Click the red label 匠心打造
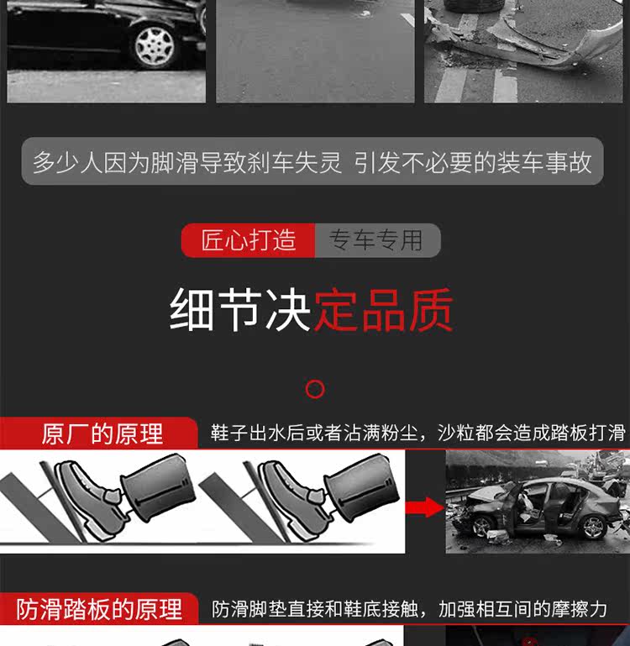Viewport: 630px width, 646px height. click(249, 240)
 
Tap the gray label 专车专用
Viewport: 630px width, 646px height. click(375, 240)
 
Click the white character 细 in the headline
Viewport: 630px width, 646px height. click(192, 310)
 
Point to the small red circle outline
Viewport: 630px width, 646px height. click(315, 389)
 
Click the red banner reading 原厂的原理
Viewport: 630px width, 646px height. click(101, 433)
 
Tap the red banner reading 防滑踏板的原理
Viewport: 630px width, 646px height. click(99, 609)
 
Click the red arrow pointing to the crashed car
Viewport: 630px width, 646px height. click(423, 507)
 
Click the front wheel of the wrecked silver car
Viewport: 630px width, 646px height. click(483, 527)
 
